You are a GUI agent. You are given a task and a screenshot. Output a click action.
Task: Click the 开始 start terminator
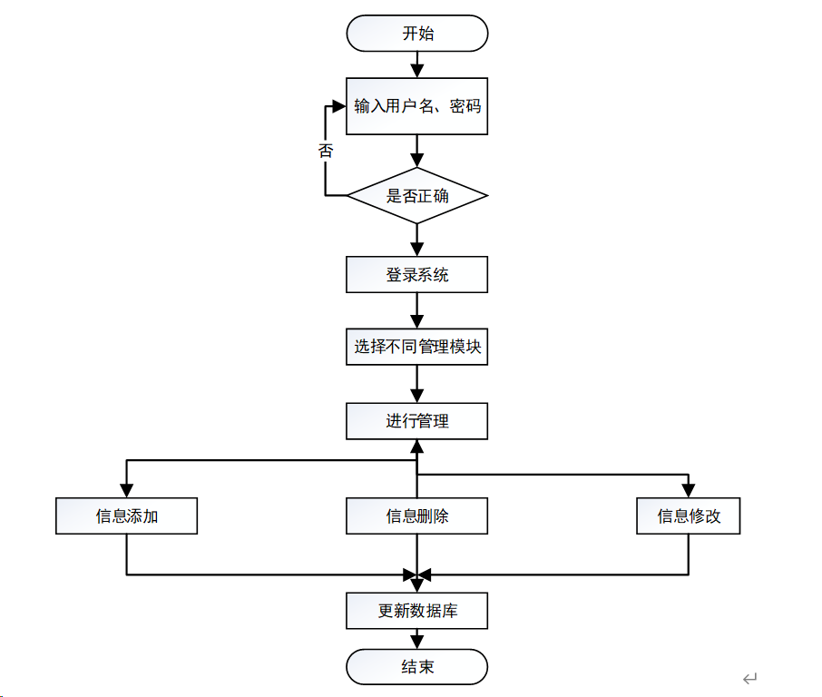[x=417, y=34]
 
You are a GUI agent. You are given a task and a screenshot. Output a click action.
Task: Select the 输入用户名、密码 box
[x=416, y=106]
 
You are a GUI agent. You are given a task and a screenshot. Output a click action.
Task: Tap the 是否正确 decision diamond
[x=417, y=196]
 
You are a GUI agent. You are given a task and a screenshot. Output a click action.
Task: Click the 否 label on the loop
[x=326, y=151]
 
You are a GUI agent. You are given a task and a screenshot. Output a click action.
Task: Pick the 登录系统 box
[x=416, y=274]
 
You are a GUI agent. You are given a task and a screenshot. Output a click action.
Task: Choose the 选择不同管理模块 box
[x=416, y=347]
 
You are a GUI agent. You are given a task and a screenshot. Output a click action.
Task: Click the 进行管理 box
[x=416, y=421]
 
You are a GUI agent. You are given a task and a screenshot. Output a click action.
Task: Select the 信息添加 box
[x=126, y=516]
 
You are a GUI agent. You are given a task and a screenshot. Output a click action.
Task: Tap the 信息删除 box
[x=416, y=516]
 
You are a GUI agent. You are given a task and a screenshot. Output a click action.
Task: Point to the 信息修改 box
[x=689, y=516]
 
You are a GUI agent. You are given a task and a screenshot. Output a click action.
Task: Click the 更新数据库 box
[x=416, y=611]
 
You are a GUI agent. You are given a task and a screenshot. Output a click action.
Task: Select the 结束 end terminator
[x=416, y=667]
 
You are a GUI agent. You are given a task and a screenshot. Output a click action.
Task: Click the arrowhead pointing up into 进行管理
[x=416, y=447]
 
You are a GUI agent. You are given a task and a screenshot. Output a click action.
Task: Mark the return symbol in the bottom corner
[x=750, y=679]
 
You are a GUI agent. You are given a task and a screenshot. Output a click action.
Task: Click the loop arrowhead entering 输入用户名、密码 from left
[x=339, y=106]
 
